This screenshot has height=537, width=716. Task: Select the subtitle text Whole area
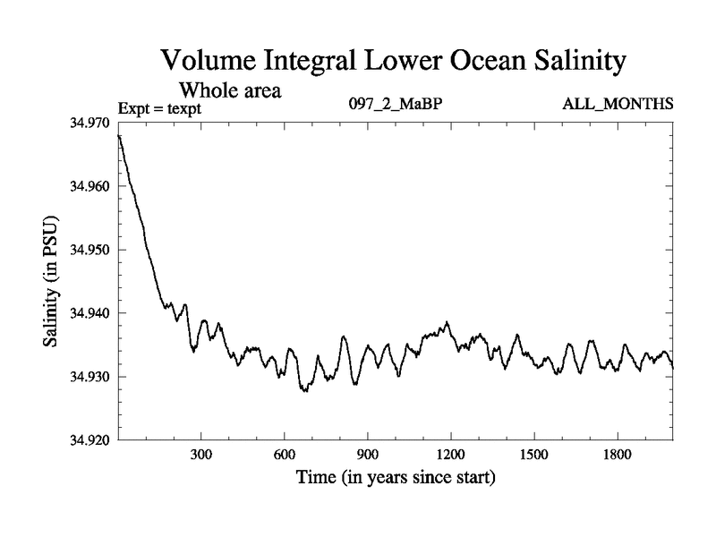(231, 90)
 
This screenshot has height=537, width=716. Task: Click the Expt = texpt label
(160, 108)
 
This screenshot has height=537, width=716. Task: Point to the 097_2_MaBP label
(395, 104)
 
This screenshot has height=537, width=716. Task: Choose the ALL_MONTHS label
(618, 104)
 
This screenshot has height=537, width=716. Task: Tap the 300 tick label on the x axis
(201, 456)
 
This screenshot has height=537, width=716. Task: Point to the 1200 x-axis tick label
(451, 456)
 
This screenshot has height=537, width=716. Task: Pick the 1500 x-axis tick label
(534, 456)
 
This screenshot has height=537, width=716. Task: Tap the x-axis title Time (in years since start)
(396, 478)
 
